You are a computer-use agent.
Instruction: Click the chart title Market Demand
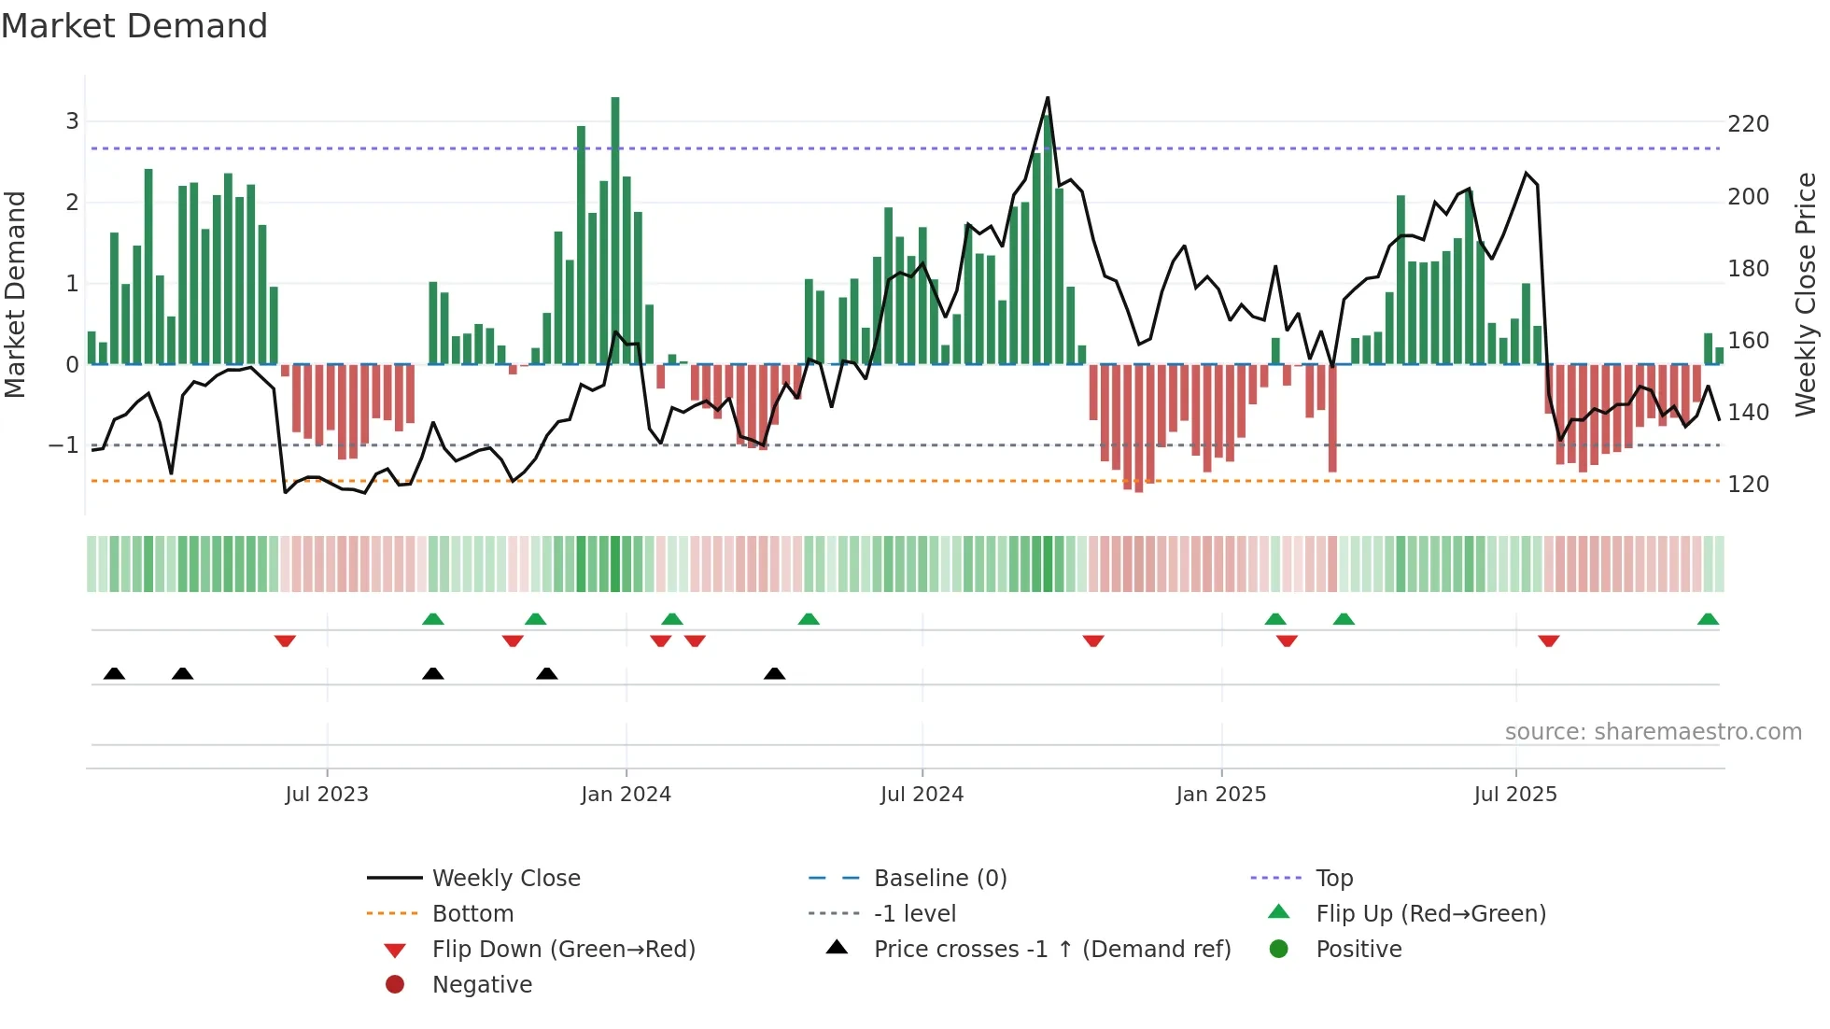click(134, 26)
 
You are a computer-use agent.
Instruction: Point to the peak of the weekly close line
click(1048, 98)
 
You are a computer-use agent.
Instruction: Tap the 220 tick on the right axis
click(1748, 124)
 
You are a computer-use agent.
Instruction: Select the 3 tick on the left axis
click(72, 121)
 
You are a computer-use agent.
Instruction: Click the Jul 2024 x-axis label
click(922, 795)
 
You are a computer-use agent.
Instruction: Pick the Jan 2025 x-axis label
click(1220, 795)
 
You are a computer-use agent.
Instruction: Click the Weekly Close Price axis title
click(1806, 294)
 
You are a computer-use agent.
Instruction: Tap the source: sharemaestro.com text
click(1653, 732)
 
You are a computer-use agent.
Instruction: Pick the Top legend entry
click(1334, 879)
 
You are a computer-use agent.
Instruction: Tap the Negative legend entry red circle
click(395, 985)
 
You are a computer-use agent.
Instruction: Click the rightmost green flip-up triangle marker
click(1708, 620)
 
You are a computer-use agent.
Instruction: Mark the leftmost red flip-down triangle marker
click(285, 641)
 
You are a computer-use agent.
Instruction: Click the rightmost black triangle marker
click(774, 674)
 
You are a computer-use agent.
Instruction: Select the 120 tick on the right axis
click(1748, 485)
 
